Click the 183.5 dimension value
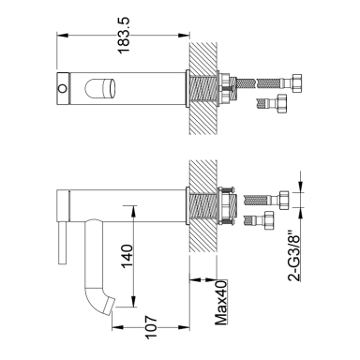pos(124,36)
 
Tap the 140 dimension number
pos(127,256)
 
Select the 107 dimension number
pos(151,327)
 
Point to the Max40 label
pos(220,303)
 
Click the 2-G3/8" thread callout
pos(293,256)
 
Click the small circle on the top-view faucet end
pos(63,88)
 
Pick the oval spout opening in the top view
pos(100,88)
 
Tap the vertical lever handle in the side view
pos(62,243)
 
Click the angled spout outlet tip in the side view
pos(111,307)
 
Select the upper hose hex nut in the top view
pos(295,82)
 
